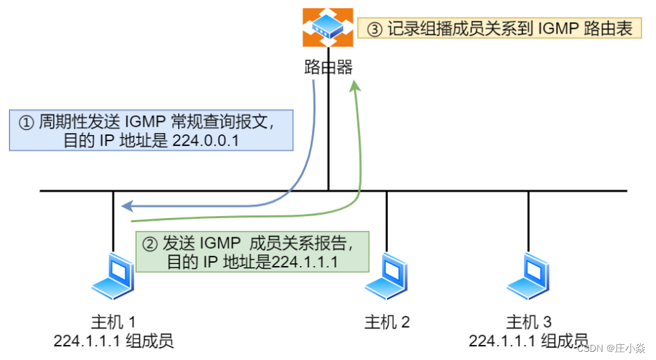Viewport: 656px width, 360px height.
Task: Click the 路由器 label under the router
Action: click(x=328, y=67)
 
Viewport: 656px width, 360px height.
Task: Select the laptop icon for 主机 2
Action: click(x=386, y=274)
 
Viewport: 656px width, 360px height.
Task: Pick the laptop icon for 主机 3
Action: click(x=528, y=274)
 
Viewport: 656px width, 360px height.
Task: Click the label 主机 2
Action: click(x=387, y=322)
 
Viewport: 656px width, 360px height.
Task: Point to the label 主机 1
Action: click(x=114, y=322)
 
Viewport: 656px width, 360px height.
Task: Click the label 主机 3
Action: click(x=528, y=322)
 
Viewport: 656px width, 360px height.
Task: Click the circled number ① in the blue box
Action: click(x=25, y=123)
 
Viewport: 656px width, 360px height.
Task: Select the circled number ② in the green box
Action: click(x=149, y=243)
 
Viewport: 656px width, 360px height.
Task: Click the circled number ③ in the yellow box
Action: click(x=374, y=29)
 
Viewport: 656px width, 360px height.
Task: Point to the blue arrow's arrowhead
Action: click(x=124, y=205)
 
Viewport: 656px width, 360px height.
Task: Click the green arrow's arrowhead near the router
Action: click(x=354, y=85)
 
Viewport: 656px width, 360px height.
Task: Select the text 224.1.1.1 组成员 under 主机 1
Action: click(x=114, y=341)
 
